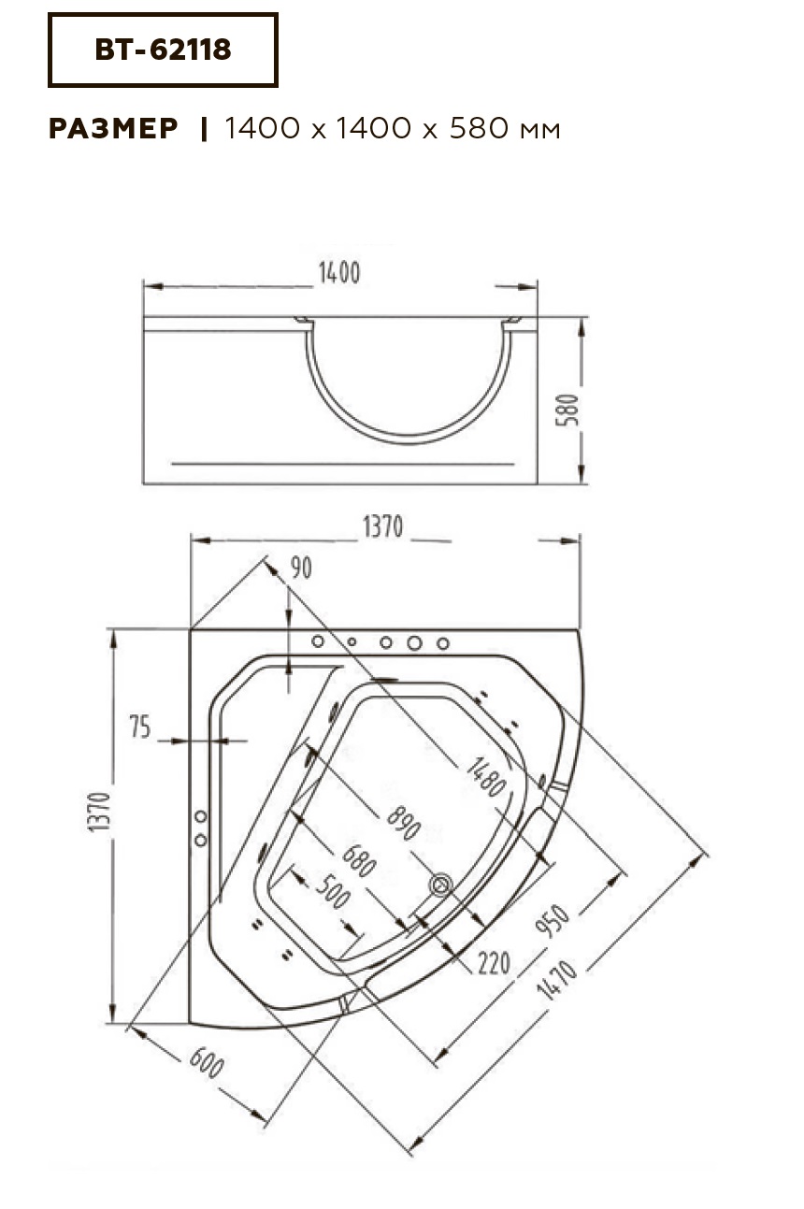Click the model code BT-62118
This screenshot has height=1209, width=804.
[163, 50]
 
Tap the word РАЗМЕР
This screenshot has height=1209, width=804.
[113, 128]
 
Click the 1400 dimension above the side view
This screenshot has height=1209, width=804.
[339, 273]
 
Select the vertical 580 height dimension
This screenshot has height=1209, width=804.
[568, 410]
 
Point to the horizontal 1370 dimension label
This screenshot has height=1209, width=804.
[382, 526]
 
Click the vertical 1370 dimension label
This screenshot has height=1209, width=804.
[100, 812]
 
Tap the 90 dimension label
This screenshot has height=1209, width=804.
[301, 568]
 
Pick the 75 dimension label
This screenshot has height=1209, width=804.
[139, 727]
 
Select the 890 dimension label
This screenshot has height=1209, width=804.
[404, 823]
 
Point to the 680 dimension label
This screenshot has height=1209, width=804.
[359, 861]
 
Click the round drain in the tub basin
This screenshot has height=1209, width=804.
[440, 885]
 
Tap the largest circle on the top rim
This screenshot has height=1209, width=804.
[414, 642]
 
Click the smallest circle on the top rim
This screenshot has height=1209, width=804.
[352, 641]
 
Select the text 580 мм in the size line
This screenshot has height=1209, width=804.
[505, 128]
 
